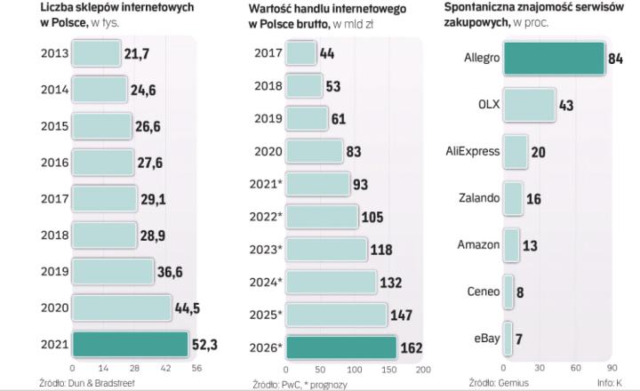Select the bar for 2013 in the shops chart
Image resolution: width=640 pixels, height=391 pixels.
(95, 54)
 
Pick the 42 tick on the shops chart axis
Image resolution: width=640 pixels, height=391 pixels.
(166, 367)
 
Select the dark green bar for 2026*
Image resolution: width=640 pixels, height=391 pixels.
(340, 347)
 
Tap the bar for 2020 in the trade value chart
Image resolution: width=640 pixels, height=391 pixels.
(313, 151)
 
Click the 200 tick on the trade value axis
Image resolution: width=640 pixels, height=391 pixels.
(422, 368)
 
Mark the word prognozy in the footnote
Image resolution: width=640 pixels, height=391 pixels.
(328, 384)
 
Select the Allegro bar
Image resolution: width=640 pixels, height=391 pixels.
(554, 59)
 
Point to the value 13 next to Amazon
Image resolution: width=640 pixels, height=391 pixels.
(530, 243)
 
